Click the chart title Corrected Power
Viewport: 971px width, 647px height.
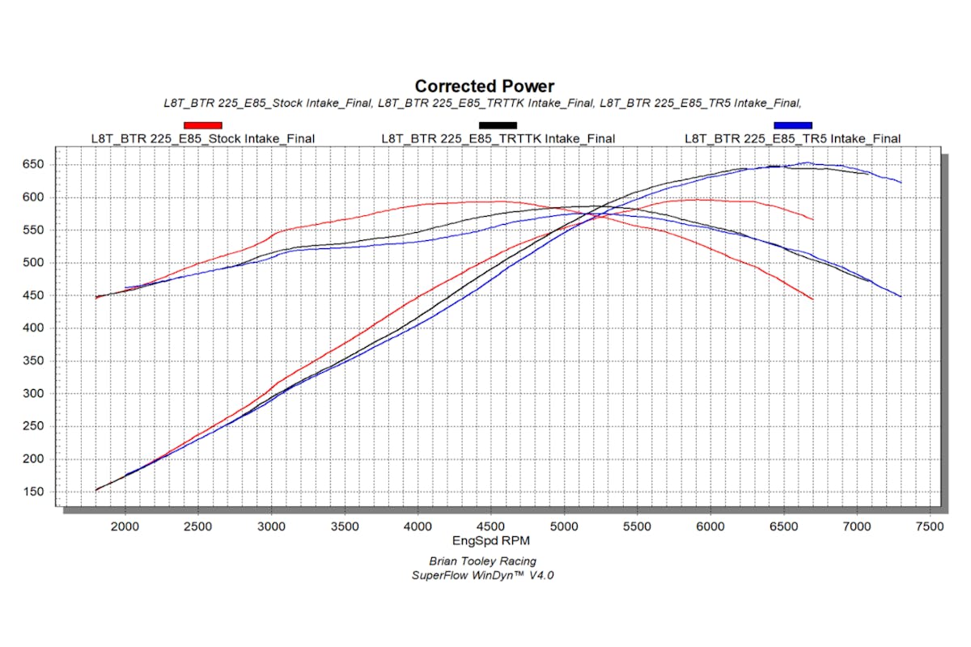pos(485,86)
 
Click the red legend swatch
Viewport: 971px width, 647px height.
pos(202,125)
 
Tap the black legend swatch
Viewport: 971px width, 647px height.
pos(498,125)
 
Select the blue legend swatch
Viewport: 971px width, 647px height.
pos(792,125)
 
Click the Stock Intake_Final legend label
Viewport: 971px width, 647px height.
pos(202,138)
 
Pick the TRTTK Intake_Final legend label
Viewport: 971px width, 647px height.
pos(498,138)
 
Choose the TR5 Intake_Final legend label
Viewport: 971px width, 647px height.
pos(792,138)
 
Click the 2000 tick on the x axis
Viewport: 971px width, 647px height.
pos(125,526)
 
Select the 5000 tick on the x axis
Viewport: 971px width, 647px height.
pos(564,526)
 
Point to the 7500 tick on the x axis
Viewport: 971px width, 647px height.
pos(930,526)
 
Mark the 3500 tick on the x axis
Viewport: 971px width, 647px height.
pos(345,526)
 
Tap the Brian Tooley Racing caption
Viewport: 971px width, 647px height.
pos(482,561)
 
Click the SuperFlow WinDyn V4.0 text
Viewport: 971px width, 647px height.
pos(482,575)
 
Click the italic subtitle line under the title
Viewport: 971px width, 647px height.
pos(482,103)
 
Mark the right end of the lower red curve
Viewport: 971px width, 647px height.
pos(812,299)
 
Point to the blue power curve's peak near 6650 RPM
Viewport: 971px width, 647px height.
pos(806,163)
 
